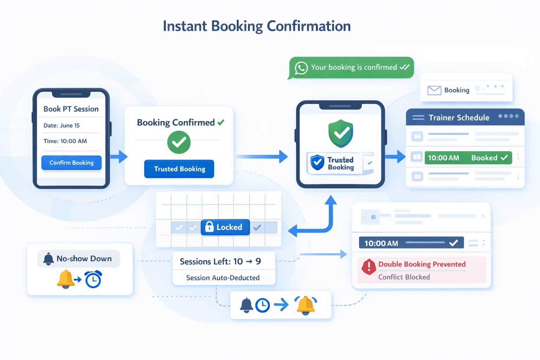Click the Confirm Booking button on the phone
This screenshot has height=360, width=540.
point(71,163)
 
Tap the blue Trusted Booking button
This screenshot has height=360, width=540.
point(179,169)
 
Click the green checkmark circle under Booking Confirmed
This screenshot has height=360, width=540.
point(179,142)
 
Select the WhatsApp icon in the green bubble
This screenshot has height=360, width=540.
point(301,68)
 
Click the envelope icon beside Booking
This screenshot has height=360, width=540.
point(434,90)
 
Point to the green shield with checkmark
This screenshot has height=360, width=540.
point(341,133)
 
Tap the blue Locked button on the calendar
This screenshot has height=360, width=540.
point(225,227)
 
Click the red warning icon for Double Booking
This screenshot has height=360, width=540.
point(369,266)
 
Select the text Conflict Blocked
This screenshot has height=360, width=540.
point(404,277)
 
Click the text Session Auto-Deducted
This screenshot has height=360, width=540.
point(223,278)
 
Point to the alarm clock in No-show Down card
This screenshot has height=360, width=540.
point(93,279)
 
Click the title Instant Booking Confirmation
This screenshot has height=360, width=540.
point(257,26)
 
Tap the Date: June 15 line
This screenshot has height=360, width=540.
point(62,126)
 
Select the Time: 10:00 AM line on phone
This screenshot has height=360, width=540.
point(65,141)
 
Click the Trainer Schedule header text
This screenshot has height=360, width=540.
point(459,118)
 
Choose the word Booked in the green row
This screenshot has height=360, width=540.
point(484,158)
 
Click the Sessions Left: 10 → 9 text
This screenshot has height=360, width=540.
point(220,262)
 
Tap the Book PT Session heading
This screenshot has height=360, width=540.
point(71,109)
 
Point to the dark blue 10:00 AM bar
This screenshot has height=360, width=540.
point(411,243)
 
